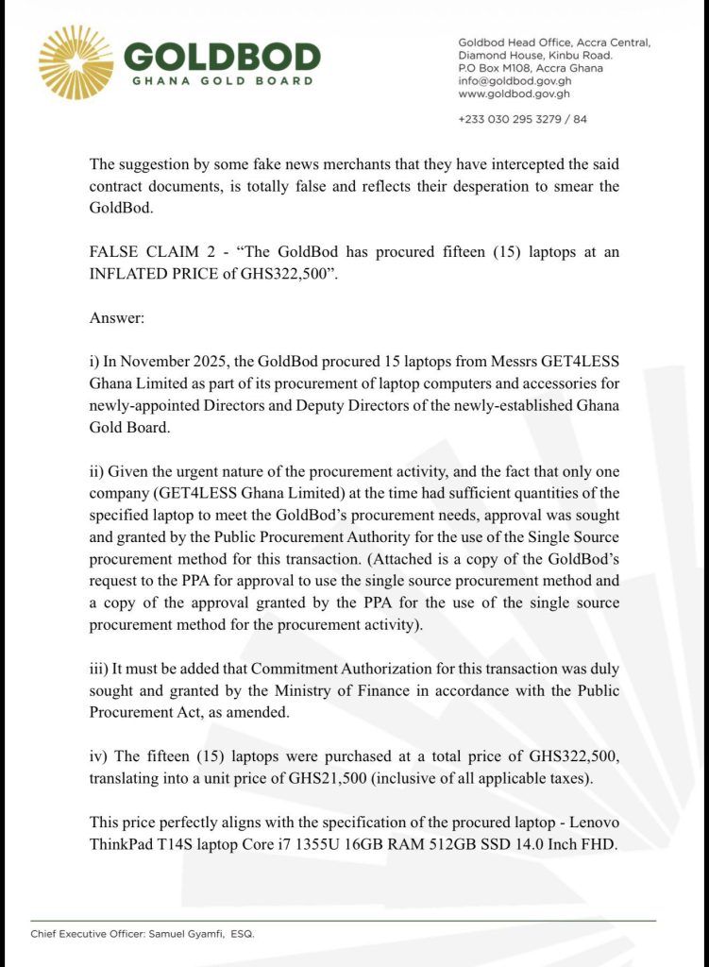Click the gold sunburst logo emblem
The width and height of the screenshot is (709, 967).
tap(76, 62)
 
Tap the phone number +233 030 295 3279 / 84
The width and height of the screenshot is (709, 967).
tap(522, 120)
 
